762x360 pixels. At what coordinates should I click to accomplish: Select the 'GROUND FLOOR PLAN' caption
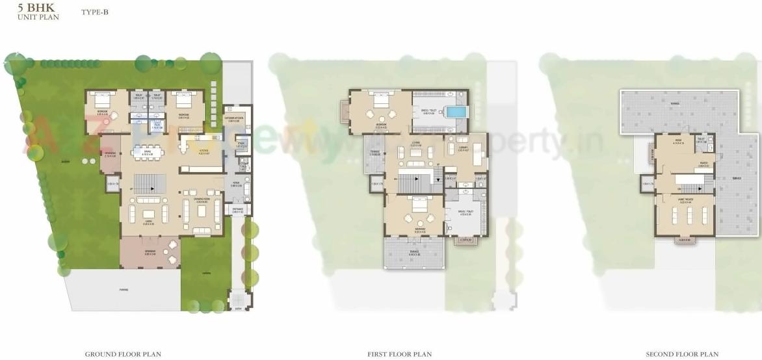(x=123, y=354)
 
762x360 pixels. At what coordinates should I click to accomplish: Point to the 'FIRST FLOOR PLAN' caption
(x=399, y=354)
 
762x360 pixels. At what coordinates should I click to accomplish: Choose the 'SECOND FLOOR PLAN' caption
(x=681, y=354)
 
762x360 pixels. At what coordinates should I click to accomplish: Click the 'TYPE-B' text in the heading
(x=95, y=12)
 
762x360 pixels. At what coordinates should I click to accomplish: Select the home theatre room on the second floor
(x=685, y=214)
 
